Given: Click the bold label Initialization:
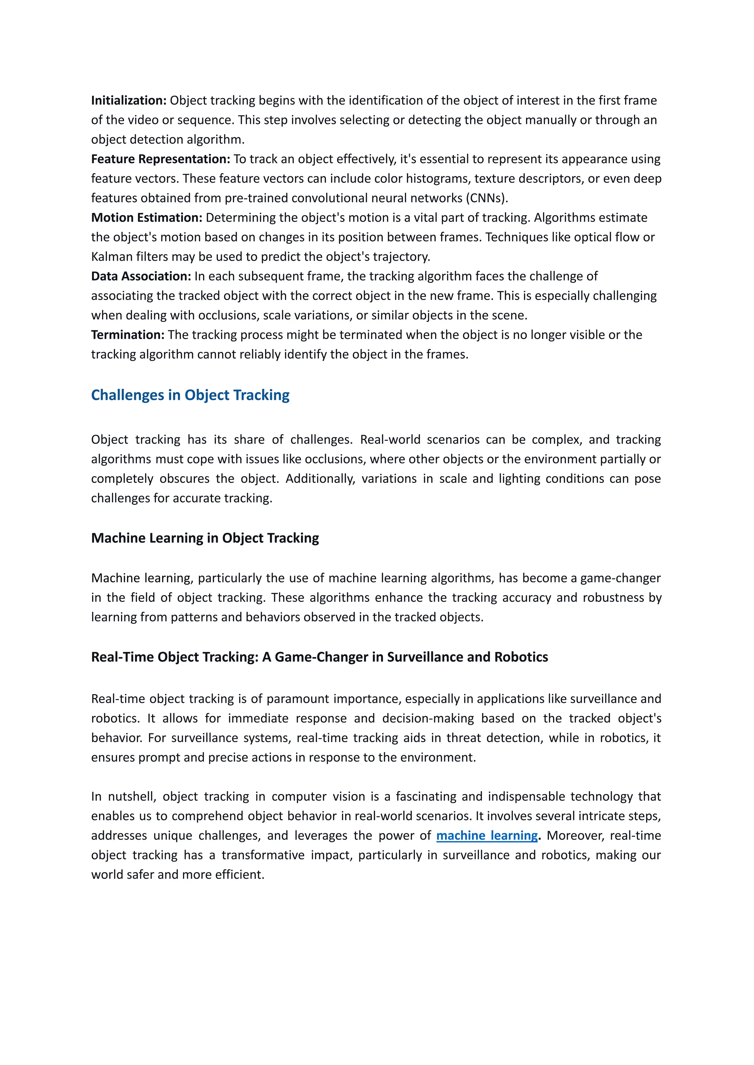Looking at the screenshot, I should point(128,100).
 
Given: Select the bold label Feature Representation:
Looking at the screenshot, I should point(160,159).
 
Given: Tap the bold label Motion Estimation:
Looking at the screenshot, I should point(146,217).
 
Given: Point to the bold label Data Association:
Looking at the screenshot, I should point(141,276).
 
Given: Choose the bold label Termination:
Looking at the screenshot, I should point(128,335).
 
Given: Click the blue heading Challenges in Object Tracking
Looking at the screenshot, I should point(190,395).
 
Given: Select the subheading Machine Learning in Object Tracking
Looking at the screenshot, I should point(205,537).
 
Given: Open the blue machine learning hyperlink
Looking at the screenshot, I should point(487,835).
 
